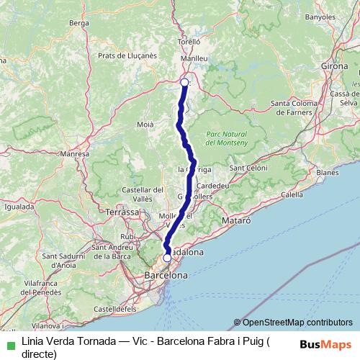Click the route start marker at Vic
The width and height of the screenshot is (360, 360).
pyautogui.click(x=184, y=82)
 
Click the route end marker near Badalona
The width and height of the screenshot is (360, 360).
pyautogui.click(x=167, y=257)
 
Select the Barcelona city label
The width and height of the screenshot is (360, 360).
pyautogui.click(x=166, y=275)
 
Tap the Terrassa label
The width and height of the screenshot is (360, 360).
pyautogui.click(x=122, y=212)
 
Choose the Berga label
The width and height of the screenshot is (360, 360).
pyautogui.click(x=78, y=23)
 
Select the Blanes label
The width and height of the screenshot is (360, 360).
pyautogui.click(x=327, y=173)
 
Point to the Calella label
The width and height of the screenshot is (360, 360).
pyautogui.click(x=292, y=194)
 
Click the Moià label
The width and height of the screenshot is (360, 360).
pyautogui.click(x=145, y=125)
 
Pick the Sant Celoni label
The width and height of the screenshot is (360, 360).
pyautogui.click(x=248, y=167)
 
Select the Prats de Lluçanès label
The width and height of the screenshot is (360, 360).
pyautogui.click(x=127, y=55)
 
